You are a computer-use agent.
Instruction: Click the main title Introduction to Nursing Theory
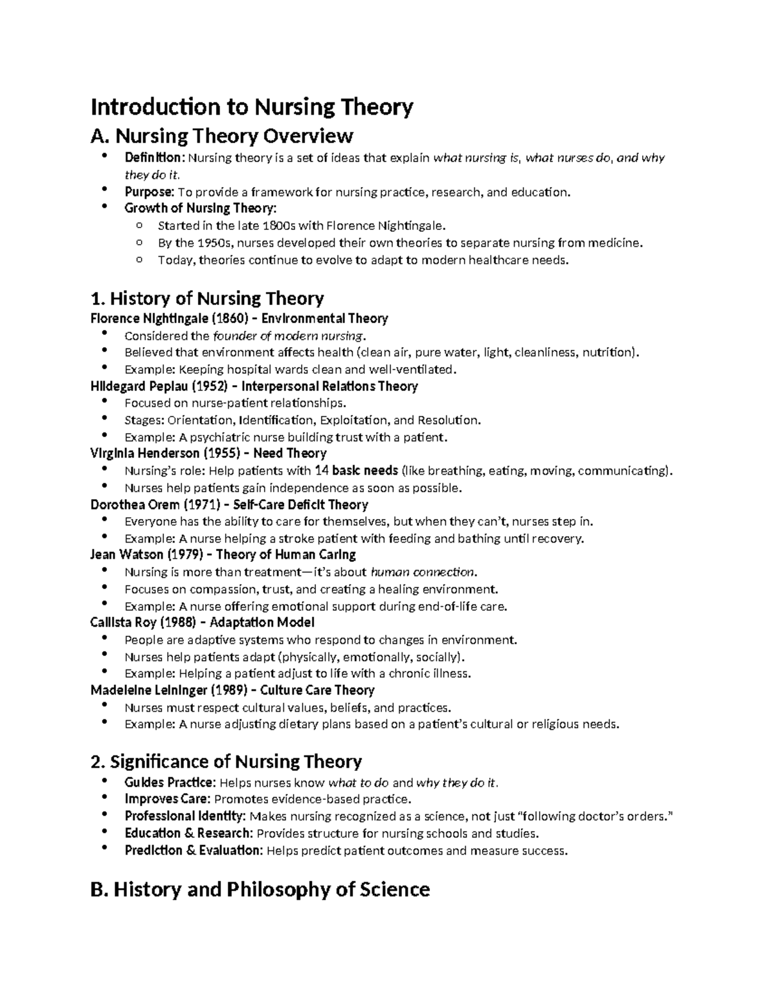click(x=252, y=106)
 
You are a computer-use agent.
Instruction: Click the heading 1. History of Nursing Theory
click(x=207, y=299)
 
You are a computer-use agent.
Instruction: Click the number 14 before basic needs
click(x=323, y=471)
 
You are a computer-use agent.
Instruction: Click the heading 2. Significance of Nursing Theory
click(x=226, y=762)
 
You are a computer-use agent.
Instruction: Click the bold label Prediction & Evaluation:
click(x=194, y=851)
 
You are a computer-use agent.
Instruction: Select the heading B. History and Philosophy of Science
click(x=260, y=889)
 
